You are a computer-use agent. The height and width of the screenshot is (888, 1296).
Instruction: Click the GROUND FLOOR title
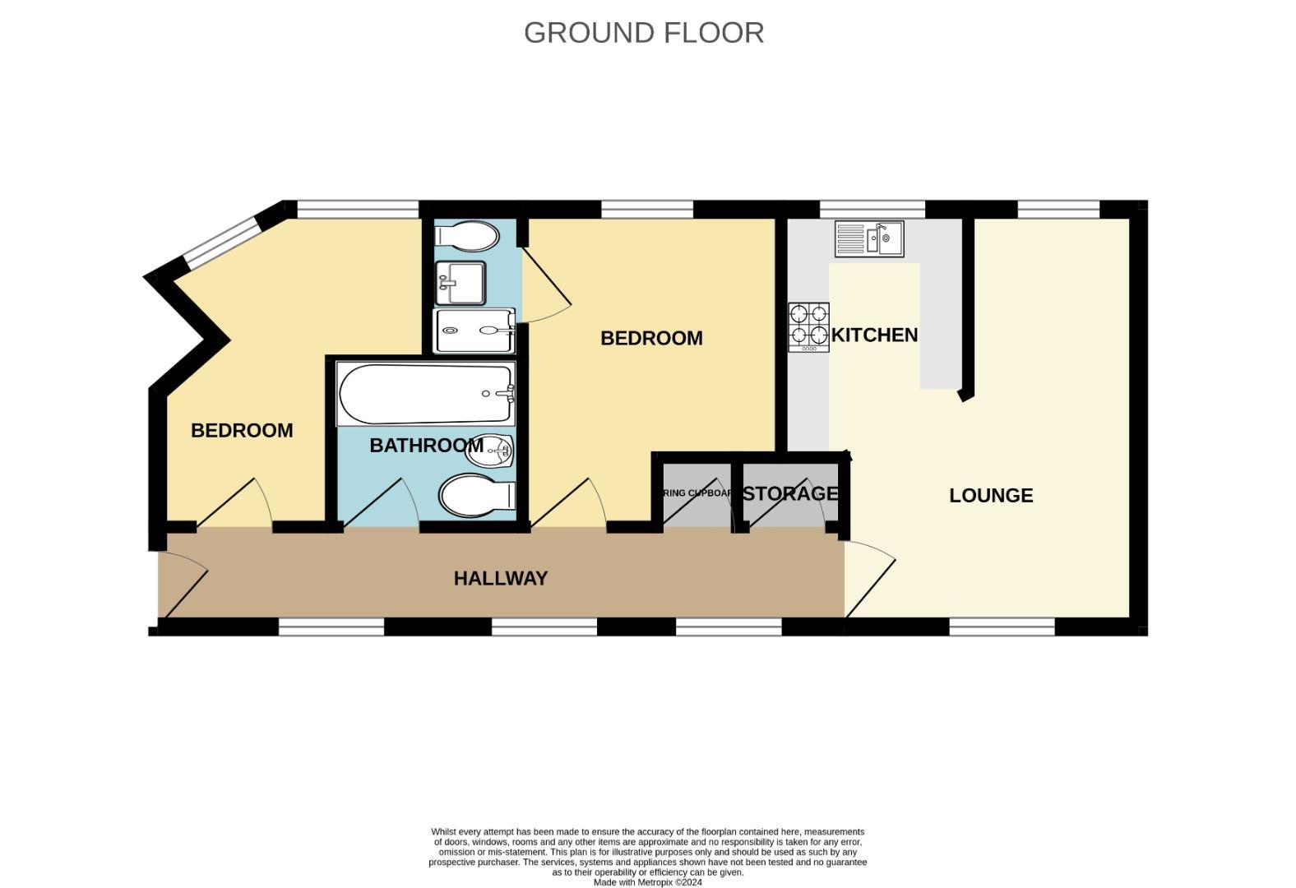[x=644, y=33]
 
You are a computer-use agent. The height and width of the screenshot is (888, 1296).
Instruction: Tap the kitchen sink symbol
[x=869, y=238]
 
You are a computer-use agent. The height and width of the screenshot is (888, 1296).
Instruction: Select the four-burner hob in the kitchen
[x=808, y=326]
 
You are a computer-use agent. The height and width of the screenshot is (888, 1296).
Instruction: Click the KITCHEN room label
[x=874, y=335]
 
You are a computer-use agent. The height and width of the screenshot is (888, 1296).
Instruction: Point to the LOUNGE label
[x=991, y=495]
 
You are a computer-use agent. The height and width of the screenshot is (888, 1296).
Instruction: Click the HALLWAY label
[x=500, y=578]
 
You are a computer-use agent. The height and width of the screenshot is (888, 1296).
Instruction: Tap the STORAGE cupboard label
[x=790, y=493]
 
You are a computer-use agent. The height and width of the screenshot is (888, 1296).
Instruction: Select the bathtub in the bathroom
[x=425, y=394]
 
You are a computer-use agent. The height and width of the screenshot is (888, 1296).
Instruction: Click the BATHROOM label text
[x=426, y=446]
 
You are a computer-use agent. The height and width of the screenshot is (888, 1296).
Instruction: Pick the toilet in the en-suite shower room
[x=467, y=236]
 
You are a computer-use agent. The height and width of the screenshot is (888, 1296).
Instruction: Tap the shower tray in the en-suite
[x=474, y=331]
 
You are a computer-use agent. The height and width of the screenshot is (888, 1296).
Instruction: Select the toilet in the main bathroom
[x=477, y=497]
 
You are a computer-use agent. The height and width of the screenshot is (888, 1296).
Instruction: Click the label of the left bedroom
[x=242, y=430]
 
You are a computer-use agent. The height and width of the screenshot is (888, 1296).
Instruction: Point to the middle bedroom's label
[x=651, y=338]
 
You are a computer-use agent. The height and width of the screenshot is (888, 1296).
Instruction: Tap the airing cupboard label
[x=697, y=493]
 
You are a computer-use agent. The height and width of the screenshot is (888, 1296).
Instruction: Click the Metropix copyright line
[x=648, y=882]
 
